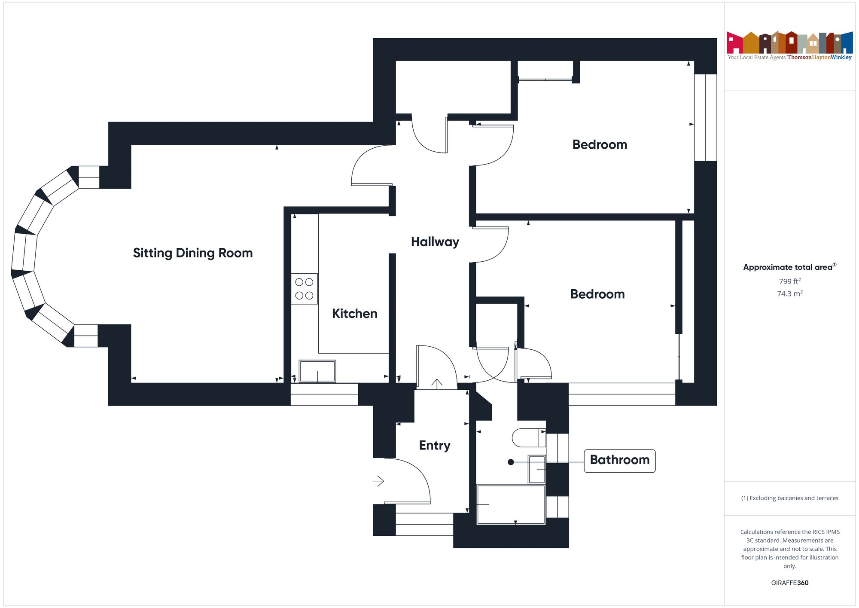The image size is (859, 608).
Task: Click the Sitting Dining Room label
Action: click(x=193, y=253)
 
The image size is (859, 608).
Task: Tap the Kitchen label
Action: click(x=354, y=314)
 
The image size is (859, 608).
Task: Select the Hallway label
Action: click(x=435, y=242)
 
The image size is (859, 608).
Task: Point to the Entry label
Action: click(x=435, y=445)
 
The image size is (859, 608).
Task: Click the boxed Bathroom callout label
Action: click(x=619, y=460)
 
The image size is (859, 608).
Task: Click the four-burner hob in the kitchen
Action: click(x=304, y=289)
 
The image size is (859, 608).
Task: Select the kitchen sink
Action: click(x=317, y=371)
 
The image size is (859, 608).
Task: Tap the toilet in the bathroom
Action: click(x=529, y=438)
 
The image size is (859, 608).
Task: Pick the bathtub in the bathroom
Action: click(x=511, y=504)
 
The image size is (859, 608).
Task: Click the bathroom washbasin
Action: click(x=537, y=469)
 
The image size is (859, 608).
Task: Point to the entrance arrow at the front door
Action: click(x=378, y=481)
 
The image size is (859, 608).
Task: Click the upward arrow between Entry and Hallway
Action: click(x=437, y=384)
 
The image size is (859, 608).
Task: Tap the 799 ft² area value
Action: click(x=789, y=281)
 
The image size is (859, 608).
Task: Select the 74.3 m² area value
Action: click(x=789, y=294)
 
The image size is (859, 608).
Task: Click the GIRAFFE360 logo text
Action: click(x=789, y=583)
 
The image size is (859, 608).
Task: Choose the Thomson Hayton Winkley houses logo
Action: click(x=789, y=43)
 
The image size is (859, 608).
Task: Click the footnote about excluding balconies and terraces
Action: click(x=789, y=498)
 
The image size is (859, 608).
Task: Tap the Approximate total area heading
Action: click(x=789, y=267)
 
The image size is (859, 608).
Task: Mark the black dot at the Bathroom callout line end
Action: click(x=511, y=462)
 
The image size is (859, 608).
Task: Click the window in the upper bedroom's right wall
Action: click(x=705, y=117)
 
